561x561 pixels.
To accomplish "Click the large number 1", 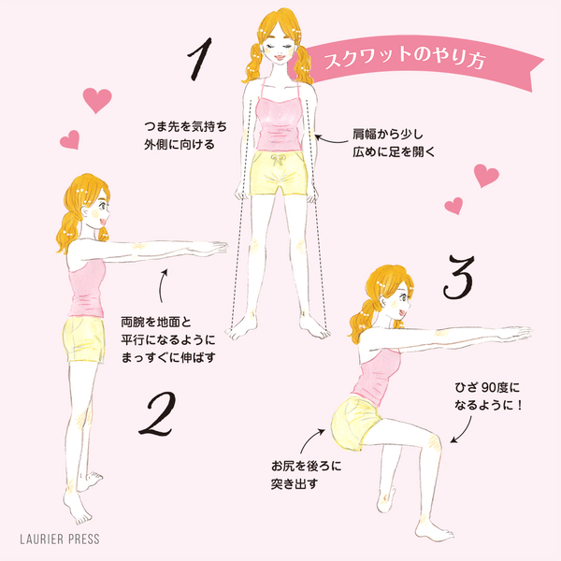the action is pyautogui.click(x=200, y=59).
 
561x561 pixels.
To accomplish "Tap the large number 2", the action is pyautogui.click(x=157, y=414).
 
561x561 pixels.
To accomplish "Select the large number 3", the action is pyautogui.click(x=459, y=278).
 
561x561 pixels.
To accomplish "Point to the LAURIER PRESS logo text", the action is pyautogui.click(x=60, y=539).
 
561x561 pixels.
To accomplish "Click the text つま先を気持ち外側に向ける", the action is pyautogui.click(x=185, y=136).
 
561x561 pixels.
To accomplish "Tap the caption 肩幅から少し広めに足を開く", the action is pyautogui.click(x=394, y=143).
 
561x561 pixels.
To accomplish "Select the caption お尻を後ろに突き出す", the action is pyautogui.click(x=306, y=475).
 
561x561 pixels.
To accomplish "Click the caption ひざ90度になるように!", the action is pyautogui.click(x=488, y=396).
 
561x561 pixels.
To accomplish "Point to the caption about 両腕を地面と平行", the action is pyautogui.click(x=168, y=340).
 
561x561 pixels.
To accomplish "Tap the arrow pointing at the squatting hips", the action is pyautogui.click(x=310, y=439).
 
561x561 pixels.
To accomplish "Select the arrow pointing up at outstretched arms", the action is pyautogui.click(x=162, y=285).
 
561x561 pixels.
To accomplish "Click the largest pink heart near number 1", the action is pyautogui.click(x=97, y=100).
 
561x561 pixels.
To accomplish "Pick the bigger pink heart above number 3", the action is pyautogui.click(x=486, y=176).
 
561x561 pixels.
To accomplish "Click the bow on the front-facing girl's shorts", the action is pyautogui.click(x=278, y=160).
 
